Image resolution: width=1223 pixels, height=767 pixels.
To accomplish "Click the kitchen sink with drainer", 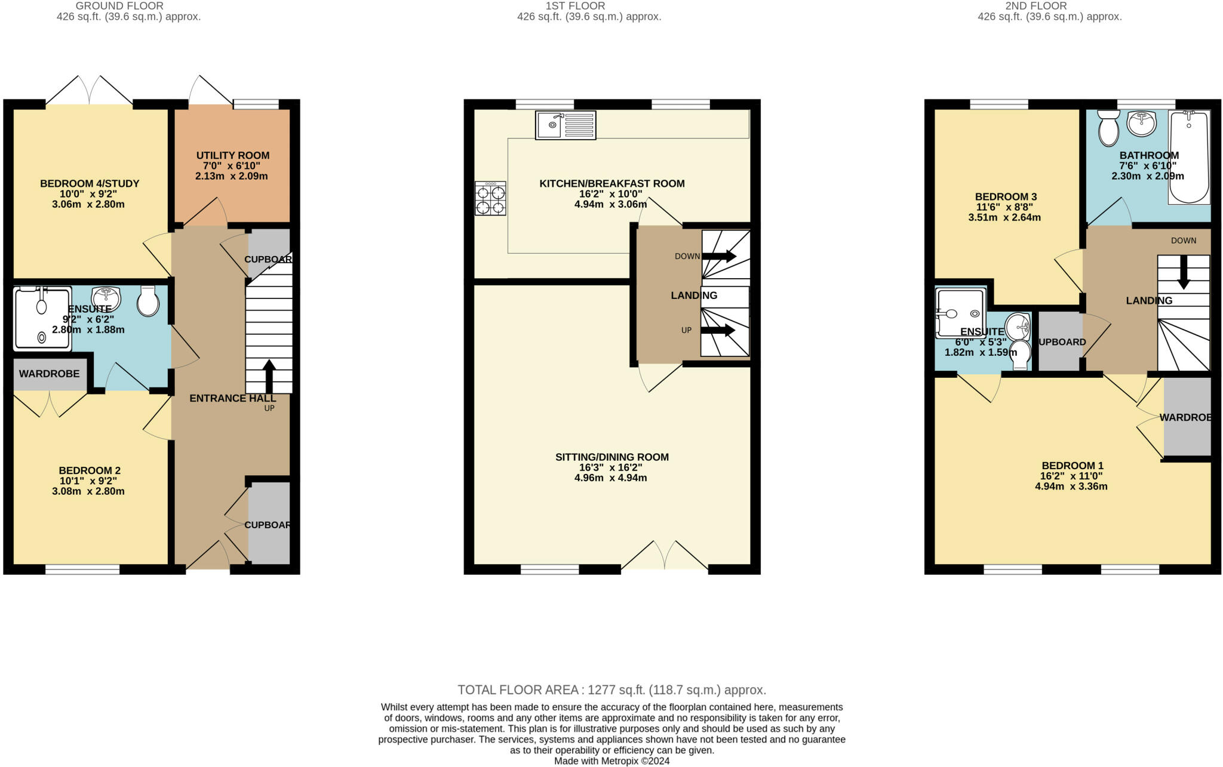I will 566,125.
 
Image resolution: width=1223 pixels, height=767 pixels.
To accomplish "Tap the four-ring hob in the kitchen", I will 490,199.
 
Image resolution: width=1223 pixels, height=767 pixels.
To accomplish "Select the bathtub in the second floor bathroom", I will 1188,156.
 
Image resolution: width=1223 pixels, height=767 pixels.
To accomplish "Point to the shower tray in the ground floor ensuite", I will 42,319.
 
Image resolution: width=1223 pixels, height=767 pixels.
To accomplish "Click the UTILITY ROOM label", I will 232,156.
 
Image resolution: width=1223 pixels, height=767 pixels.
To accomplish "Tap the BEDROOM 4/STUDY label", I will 90,184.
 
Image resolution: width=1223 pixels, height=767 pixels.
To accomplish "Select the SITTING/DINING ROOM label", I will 611,457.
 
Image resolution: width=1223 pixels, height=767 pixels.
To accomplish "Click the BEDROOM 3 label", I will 1006,197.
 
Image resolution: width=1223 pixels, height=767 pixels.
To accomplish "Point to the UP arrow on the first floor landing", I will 718,331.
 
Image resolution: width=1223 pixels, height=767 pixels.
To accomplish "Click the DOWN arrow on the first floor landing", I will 719,256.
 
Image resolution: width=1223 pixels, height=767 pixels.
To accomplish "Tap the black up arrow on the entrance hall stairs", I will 269,376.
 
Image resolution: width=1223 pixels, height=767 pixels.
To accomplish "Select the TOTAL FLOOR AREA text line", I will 611,690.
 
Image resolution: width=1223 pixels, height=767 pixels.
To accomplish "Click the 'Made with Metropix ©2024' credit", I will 611,761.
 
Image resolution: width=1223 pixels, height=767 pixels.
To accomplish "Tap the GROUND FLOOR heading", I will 119,6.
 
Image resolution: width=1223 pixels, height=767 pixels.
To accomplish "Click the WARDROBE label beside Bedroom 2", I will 49,374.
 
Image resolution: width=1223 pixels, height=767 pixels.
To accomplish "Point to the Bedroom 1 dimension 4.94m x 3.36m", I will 1071,486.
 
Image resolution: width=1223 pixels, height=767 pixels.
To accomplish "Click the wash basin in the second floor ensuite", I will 1017,327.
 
